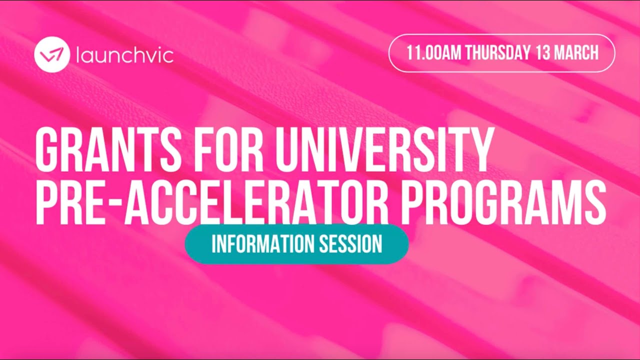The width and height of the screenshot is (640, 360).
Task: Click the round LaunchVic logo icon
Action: click(51, 55)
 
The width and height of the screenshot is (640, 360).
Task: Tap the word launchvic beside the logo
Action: click(125, 55)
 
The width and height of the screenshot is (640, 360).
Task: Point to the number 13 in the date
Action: click(543, 53)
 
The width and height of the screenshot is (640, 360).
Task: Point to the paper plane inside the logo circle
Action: click(51, 55)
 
